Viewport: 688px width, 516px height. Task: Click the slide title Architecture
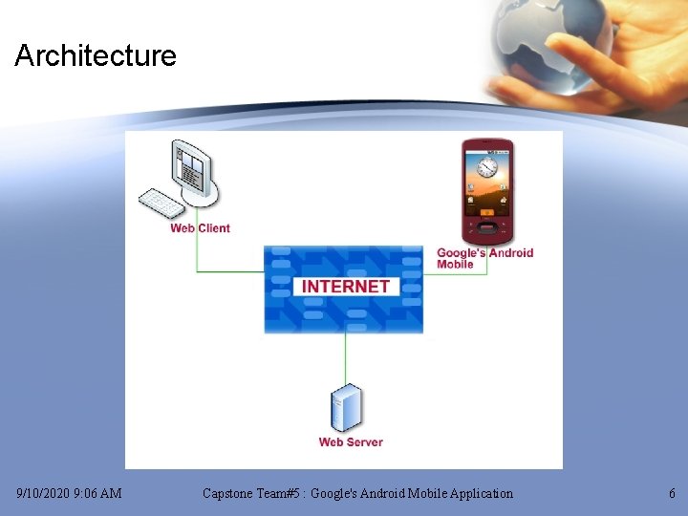[96, 55]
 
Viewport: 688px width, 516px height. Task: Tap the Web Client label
[200, 228]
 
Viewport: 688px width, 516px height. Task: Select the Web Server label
[351, 442]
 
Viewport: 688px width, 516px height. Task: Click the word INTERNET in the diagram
[345, 286]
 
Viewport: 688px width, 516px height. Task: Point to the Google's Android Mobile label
[484, 258]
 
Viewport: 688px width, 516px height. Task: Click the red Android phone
[487, 191]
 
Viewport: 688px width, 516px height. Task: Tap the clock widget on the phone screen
[488, 168]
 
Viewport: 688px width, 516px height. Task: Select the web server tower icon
[346, 408]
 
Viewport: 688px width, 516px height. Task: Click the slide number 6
[672, 494]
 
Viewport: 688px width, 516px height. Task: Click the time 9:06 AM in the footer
[103, 494]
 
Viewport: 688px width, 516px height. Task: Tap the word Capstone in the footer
[230, 494]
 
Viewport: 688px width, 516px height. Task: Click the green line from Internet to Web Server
[346, 358]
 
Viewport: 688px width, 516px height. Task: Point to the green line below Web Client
[198, 254]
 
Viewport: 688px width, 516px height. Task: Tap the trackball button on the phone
[487, 228]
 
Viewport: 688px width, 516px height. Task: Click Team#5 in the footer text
[284, 494]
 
